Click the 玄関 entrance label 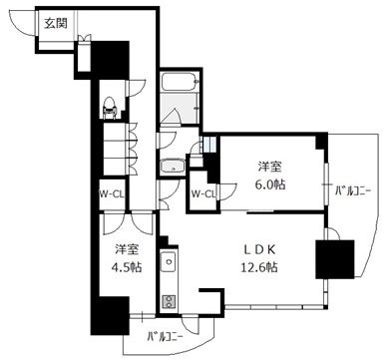56,23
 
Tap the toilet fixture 109,107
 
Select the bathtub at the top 180,81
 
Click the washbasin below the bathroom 173,167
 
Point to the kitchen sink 169,261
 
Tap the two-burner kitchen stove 169,302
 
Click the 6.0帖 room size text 270,184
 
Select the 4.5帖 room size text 127,266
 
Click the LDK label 260,250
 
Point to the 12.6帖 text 259,266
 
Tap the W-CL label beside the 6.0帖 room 201,194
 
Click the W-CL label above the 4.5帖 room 111,194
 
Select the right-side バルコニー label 353,191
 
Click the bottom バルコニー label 166,338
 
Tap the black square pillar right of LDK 334,259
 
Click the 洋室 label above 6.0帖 270,167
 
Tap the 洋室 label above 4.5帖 127,249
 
